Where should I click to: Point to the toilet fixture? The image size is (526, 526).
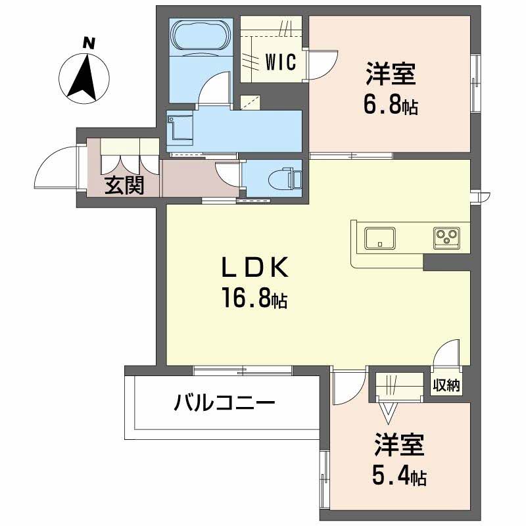tap(287, 178)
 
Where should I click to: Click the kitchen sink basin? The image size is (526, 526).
tap(379, 237)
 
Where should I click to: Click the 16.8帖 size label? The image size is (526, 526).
tap(254, 299)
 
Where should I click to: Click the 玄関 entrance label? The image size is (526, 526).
tap(125, 186)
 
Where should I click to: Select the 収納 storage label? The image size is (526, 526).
tap(446, 385)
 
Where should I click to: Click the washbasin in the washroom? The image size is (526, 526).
tap(179, 127)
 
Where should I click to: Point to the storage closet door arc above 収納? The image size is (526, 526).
tap(447, 354)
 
